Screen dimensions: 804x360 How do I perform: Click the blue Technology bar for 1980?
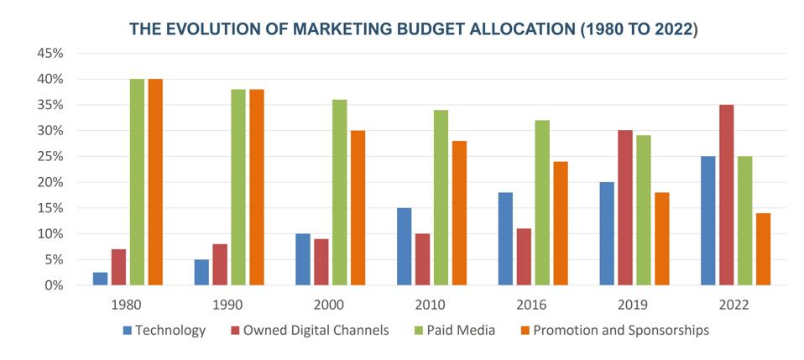(101, 279)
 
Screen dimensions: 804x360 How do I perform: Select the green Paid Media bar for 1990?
(238, 187)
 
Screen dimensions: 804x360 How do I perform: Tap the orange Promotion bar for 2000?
(358, 208)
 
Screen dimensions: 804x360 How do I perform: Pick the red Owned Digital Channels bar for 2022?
(727, 195)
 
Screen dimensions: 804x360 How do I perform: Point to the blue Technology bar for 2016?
(505, 238)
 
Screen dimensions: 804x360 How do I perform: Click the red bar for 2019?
(625, 208)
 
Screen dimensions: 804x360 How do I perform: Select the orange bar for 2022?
(763, 248)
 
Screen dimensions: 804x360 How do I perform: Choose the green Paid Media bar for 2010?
(441, 197)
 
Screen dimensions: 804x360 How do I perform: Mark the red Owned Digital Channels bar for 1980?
(118, 267)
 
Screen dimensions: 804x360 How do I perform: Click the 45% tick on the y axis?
(50, 54)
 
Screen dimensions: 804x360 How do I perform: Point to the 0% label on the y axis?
(53, 285)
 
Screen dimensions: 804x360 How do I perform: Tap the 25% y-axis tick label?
(50, 156)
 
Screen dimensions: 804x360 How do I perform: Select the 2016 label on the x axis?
(533, 305)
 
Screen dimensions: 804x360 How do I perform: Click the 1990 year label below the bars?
(228, 305)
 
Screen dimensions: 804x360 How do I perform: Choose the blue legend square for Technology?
(128, 331)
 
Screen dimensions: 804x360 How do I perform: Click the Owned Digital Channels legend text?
(316, 331)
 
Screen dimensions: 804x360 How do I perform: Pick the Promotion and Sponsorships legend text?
(621, 331)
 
